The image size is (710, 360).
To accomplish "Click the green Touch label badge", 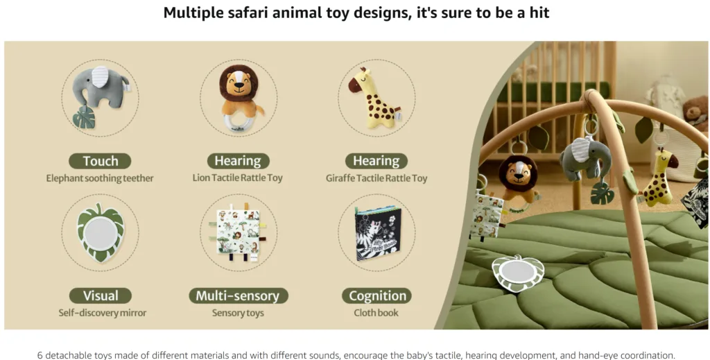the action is [100, 161].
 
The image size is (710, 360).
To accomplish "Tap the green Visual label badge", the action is [101, 295].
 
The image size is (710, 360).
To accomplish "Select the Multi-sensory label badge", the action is [239, 295].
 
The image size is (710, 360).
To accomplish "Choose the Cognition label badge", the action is [376, 295].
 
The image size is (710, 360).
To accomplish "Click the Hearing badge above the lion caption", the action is [239, 161].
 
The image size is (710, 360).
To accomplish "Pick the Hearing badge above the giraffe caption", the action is [376, 161].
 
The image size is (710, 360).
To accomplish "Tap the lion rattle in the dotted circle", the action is [239, 97].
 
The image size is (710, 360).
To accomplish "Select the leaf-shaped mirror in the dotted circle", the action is [100, 232].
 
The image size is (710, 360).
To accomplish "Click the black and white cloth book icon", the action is [377, 234].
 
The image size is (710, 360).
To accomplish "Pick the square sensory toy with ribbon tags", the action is [237, 232].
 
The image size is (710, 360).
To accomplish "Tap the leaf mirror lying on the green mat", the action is [518, 273].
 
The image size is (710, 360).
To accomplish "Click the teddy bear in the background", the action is [696, 112].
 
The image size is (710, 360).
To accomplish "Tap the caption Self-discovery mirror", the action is [103, 313].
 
